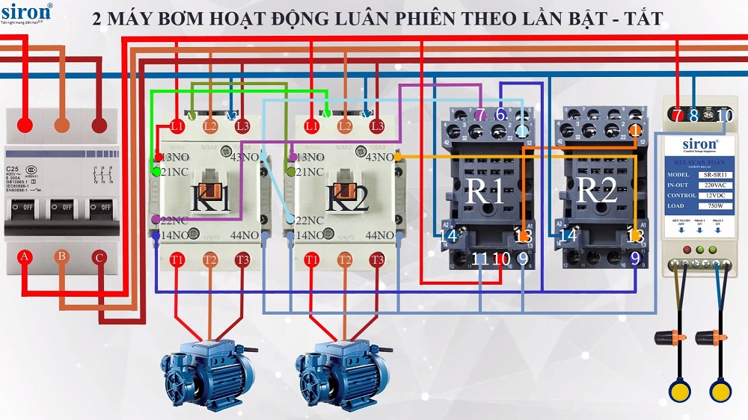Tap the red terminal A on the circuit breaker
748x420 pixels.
click(25, 258)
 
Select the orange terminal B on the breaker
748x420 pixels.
click(62, 258)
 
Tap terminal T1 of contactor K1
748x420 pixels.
click(177, 260)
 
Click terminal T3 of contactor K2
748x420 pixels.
click(376, 260)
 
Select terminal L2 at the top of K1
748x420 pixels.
click(210, 126)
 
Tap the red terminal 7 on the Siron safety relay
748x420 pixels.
click(678, 115)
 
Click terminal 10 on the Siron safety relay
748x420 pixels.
click(725, 115)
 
